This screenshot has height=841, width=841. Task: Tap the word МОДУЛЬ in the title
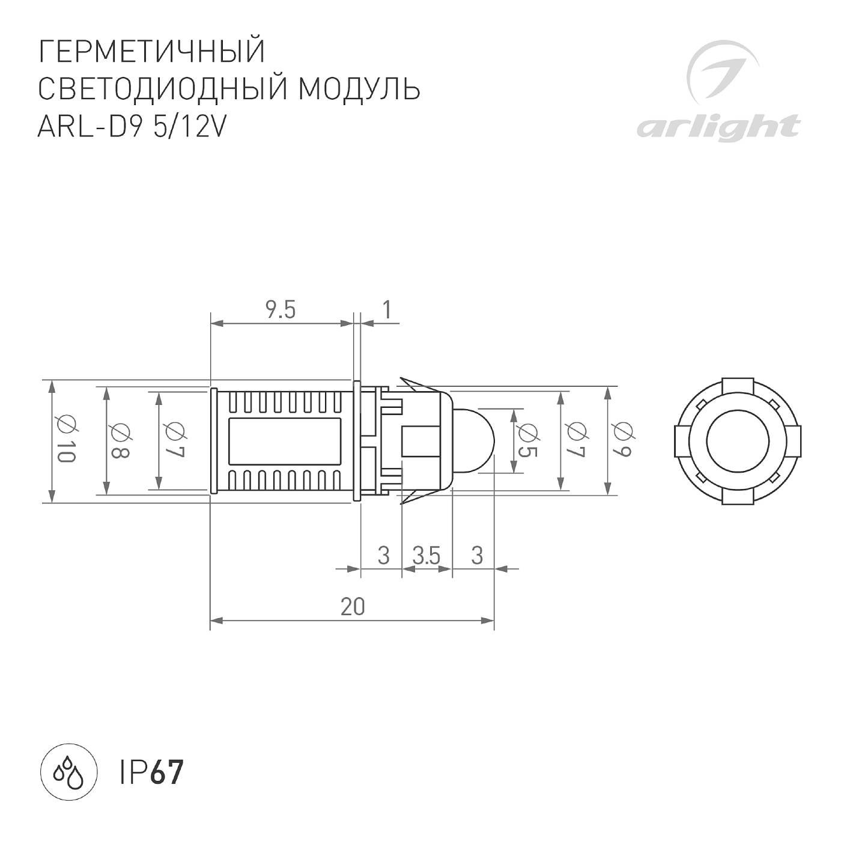click(359, 89)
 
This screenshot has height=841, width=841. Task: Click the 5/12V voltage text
click(189, 126)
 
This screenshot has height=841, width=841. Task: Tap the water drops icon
click(68, 774)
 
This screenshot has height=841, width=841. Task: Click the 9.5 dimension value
click(281, 311)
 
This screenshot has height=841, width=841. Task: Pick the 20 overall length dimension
click(353, 607)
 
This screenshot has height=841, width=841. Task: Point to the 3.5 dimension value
click(427, 556)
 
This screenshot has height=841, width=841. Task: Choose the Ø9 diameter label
click(622, 440)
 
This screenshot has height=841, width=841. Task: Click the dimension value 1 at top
click(386, 310)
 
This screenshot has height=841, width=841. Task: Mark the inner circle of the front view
click(735, 440)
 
